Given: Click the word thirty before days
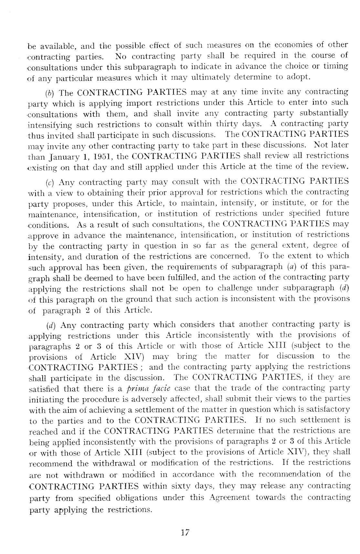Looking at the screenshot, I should click(x=228, y=124).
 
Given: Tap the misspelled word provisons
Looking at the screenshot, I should click(x=333, y=298).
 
